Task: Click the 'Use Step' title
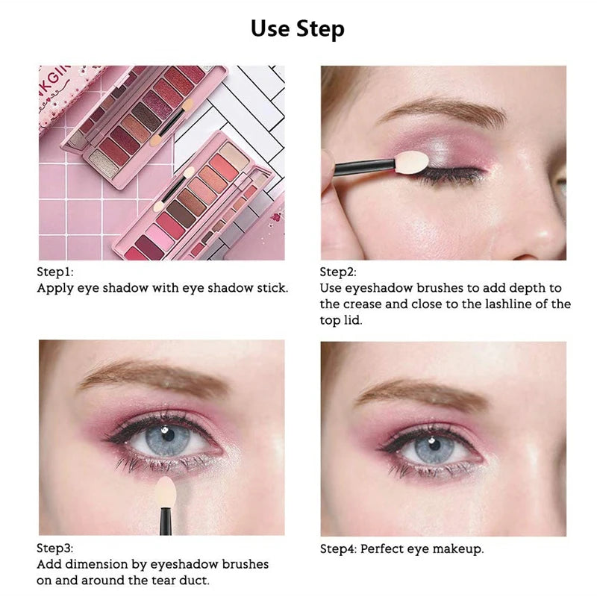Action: [298, 29]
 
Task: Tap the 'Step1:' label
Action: [55, 272]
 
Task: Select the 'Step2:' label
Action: [338, 272]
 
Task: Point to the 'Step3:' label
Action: [55, 548]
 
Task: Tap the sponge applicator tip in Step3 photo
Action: [166, 493]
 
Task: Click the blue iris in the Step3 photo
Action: [166, 437]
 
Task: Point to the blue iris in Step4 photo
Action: [434, 448]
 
